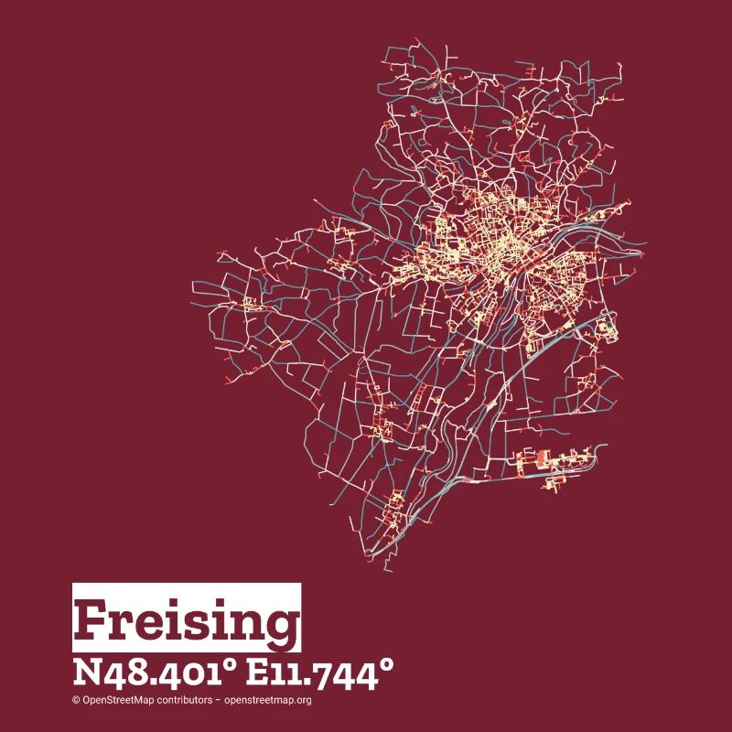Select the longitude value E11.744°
coord(322,676)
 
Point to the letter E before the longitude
coord(260,676)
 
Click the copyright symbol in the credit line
coord(77,701)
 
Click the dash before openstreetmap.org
coord(218,701)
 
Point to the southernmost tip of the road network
coord(384,569)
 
